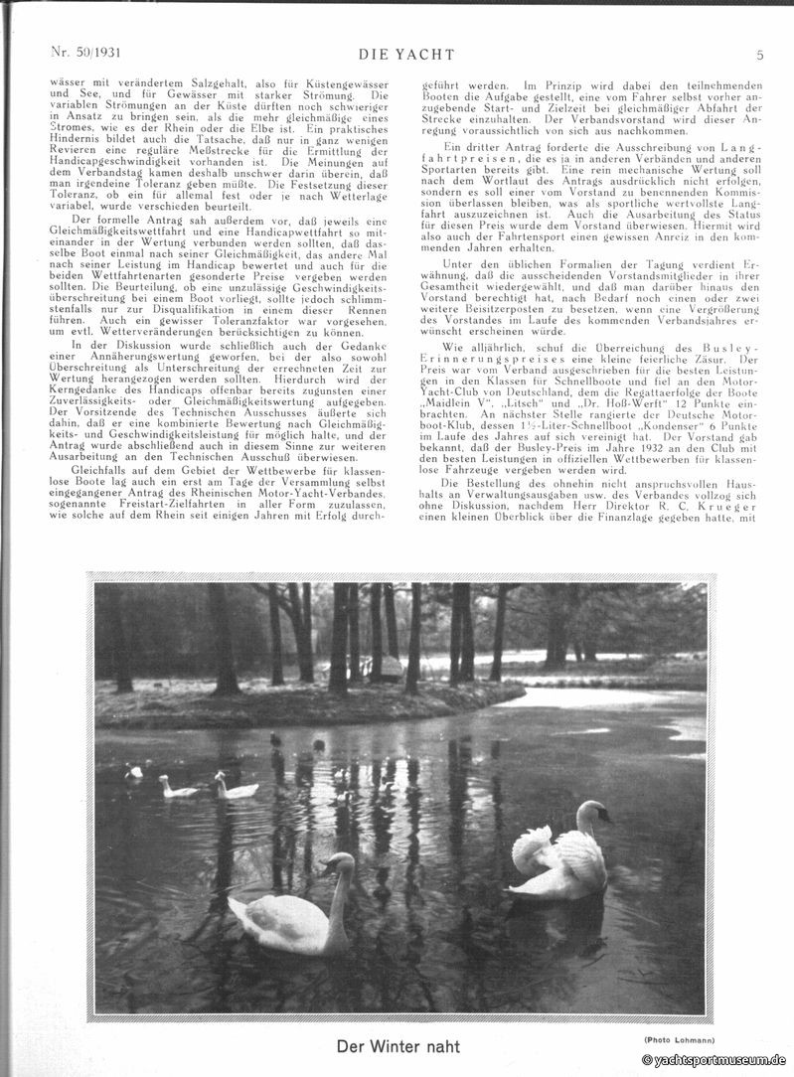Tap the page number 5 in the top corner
(759, 55)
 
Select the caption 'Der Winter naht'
(397, 1045)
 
